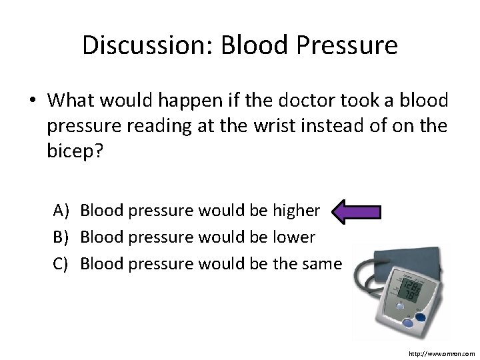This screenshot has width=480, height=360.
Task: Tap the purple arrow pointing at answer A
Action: (x=356, y=212)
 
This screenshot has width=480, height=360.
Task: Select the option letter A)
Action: (x=61, y=211)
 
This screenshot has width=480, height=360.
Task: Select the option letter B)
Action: (x=61, y=237)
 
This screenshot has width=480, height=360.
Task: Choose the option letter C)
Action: (x=61, y=264)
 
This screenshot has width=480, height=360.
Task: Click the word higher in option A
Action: (x=296, y=211)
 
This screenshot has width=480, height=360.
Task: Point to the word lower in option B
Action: (x=293, y=237)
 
